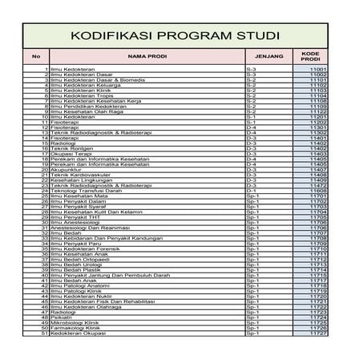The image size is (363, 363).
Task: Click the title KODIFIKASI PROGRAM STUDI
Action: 175,36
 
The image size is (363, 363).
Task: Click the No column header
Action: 35,56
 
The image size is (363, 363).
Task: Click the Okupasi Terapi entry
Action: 71,153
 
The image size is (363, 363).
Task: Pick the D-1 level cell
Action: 250,190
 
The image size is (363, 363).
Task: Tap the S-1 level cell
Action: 250,117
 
